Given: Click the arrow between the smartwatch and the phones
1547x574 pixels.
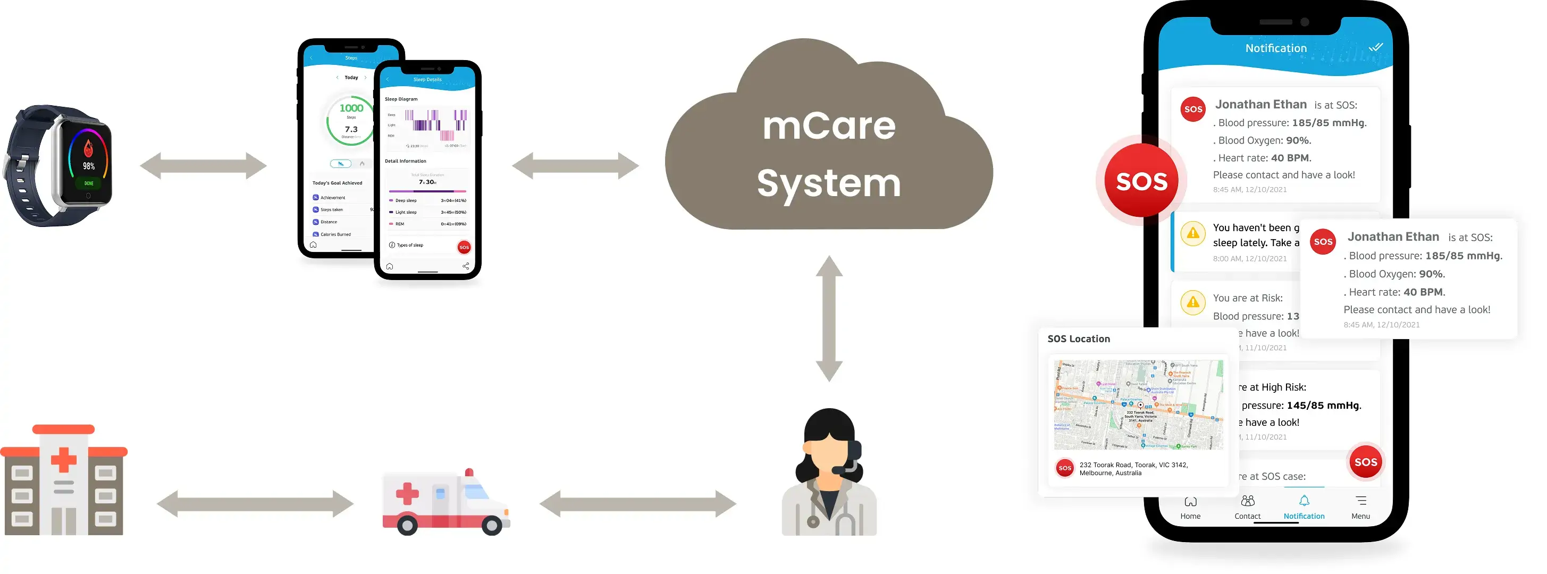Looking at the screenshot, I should (203, 166).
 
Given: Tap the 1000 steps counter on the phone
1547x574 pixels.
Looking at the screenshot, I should (351, 108).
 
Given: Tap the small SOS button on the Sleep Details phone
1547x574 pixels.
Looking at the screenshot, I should (464, 247).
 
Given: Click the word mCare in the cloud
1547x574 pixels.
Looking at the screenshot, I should (828, 126).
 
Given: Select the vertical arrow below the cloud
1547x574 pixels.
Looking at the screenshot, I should (829, 318).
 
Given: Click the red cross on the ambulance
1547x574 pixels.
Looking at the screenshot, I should (407, 494).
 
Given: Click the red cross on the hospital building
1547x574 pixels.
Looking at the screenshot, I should (64, 460).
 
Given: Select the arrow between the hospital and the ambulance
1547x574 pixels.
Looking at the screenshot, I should (255, 504).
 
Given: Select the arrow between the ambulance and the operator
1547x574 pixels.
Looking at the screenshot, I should (637, 504).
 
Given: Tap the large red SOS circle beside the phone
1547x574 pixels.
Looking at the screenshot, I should (1141, 181).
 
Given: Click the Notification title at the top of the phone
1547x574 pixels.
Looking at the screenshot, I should (1275, 48).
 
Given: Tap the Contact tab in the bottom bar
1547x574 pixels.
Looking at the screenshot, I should (1247, 507).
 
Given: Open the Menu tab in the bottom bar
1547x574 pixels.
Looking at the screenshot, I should (1360, 507).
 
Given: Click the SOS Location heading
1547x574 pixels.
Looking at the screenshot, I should (1079, 339).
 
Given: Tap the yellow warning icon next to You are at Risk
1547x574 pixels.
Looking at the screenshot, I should (1193, 302).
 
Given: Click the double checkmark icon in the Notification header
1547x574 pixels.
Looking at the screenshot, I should (1375, 47).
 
